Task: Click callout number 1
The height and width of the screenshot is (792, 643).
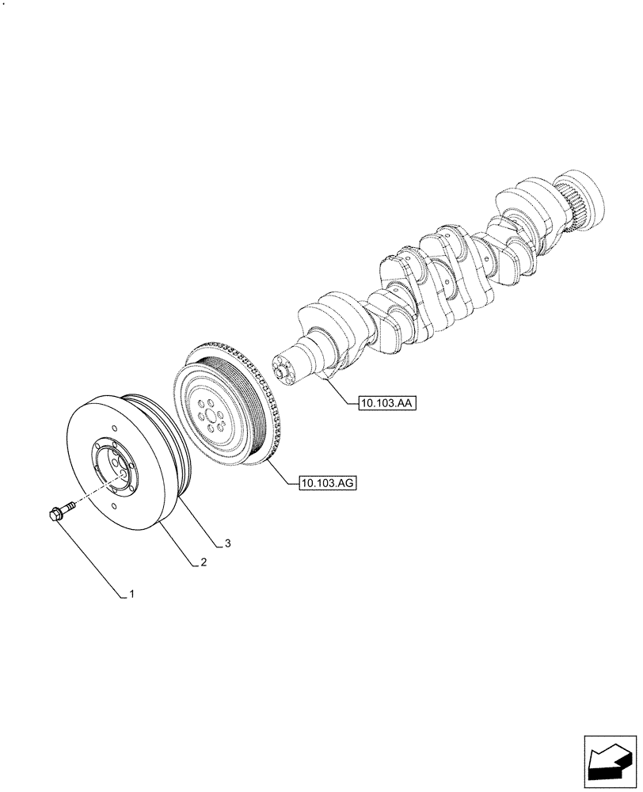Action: tap(131, 593)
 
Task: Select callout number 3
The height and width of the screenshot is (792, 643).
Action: tap(227, 543)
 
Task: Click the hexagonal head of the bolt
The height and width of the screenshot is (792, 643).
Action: tap(54, 515)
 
